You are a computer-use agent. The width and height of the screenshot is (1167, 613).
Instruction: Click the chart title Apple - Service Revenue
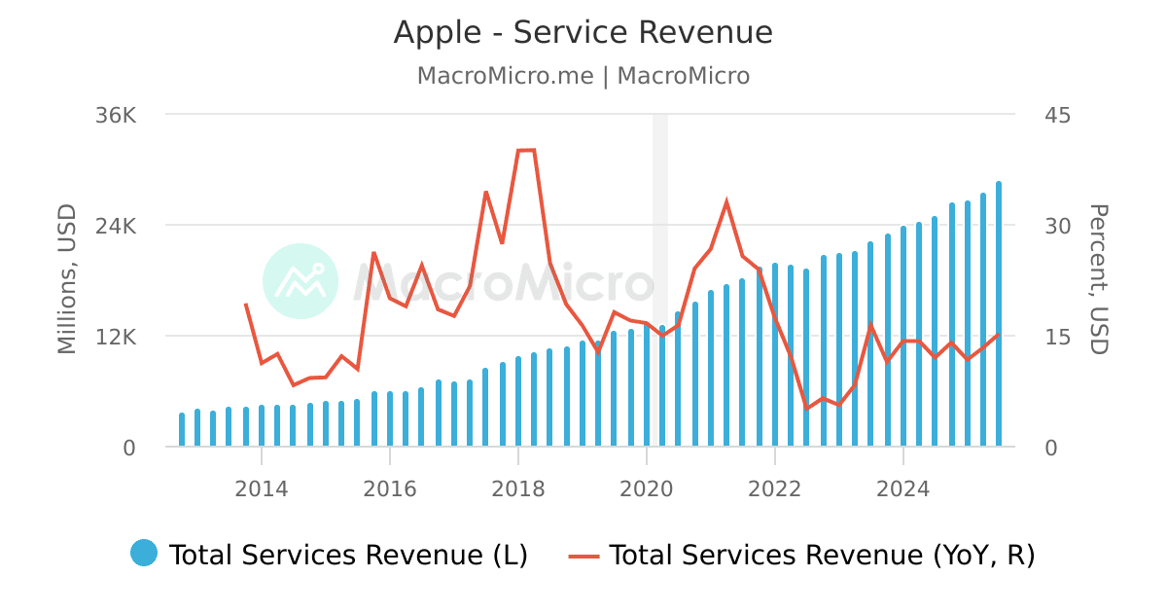[583, 33]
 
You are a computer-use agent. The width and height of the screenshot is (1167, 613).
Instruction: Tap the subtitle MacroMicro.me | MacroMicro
[583, 76]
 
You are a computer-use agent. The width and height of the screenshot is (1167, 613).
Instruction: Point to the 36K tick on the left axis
[116, 115]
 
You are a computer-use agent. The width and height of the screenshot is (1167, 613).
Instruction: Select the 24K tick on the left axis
[116, 226]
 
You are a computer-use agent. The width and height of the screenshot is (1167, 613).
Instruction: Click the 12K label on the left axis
[116, 337]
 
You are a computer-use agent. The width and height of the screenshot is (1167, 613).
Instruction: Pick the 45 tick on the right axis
[1057, 115]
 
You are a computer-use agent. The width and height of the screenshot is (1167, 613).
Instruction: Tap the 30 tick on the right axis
[1057, 226]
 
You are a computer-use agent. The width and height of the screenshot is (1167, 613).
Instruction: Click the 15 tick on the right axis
[1057, 337]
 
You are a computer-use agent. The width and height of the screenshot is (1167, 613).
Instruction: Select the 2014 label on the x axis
[261, 488]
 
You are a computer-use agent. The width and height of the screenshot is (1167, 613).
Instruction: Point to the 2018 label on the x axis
[517, 488]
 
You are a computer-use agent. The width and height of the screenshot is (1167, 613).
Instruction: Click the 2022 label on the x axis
[774, 488]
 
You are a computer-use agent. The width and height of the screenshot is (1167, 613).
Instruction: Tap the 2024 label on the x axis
[902, 488]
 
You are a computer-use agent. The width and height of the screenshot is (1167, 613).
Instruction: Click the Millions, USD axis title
[66, 279]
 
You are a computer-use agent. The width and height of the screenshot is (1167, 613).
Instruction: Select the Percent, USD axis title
[1098, 279]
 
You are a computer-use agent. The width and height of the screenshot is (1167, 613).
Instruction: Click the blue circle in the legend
[144, 554]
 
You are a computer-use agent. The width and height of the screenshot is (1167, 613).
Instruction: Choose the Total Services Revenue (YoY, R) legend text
[822, 555]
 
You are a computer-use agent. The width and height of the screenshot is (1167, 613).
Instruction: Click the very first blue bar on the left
[182, 430]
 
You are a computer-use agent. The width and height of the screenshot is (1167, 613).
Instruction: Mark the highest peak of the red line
[526, 150]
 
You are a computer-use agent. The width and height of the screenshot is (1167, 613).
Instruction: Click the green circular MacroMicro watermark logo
[301, 281]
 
